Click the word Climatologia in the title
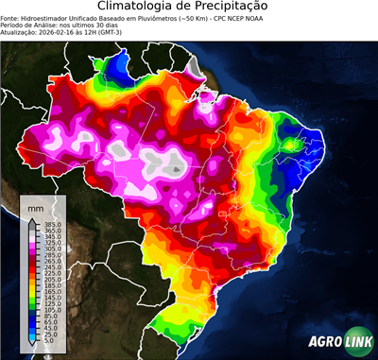139,8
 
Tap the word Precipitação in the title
233,8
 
